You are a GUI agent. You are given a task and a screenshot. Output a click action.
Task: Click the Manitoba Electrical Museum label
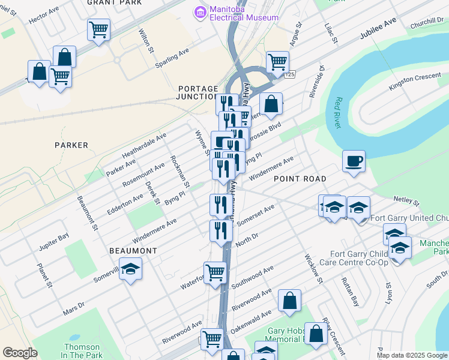click(x=244, y=13)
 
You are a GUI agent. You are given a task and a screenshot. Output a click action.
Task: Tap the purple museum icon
click(x=199, y=11)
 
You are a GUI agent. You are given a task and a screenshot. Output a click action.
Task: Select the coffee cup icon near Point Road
click(x=354, y=161)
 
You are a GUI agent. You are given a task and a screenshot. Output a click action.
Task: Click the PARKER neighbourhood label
click(x=71, y=145)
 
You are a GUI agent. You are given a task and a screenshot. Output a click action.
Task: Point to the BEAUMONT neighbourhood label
click(x=133, y=250)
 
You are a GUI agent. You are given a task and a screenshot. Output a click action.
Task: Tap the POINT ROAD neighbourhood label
click(x=300, y=179)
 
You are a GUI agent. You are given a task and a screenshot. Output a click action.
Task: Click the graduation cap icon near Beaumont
click(x=130, y=269)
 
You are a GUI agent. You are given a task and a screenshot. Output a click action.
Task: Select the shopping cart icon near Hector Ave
click(x=98, y=29)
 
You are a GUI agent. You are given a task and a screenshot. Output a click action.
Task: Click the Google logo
click(x=20, y=353)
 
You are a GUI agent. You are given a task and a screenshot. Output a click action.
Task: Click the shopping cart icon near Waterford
click(x=215, y=272)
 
